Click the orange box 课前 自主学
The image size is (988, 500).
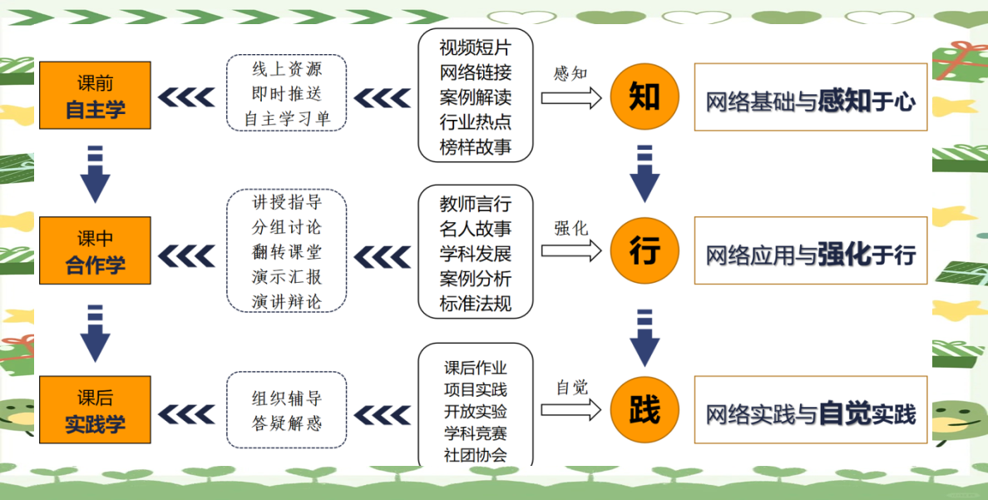pyautogui.click(x=95, y=96)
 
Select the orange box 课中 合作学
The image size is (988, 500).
pyautogui.click(x=95, y=251)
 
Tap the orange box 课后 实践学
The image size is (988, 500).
pyautogui.click(x=95, y=410)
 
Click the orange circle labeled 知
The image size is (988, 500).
pyautogui.click(x=645, y=97)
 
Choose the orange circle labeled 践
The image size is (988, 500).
pyautogui.click(x=645, y=409)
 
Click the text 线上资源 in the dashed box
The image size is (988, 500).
pyautogui.click(x=287, y=69)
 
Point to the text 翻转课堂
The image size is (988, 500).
pyautogui.click(x=287, y=252)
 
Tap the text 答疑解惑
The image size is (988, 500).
pyautogui.click(x=287, y=423)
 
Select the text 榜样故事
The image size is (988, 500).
pyautogui.click(x=475, y=148)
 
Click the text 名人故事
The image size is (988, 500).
pyautogui.click(x=475, y=228)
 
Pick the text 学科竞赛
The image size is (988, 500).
pyautogui.click(x=475, y=433)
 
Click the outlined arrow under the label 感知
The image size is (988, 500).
pyautogui.click(x=571, y=97)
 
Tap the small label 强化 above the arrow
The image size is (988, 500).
pyautogui.click(x=571, y=228)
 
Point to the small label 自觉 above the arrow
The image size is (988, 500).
pyautogui.click(x=571, y=387)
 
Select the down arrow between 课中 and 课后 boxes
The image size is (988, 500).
pyautogui.click(x=95, y=332)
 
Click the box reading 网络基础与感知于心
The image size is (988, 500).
pyautogui.click(x=811, y=102)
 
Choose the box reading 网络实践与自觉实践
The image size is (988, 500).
pyautogui.click(x=811, y=413)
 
